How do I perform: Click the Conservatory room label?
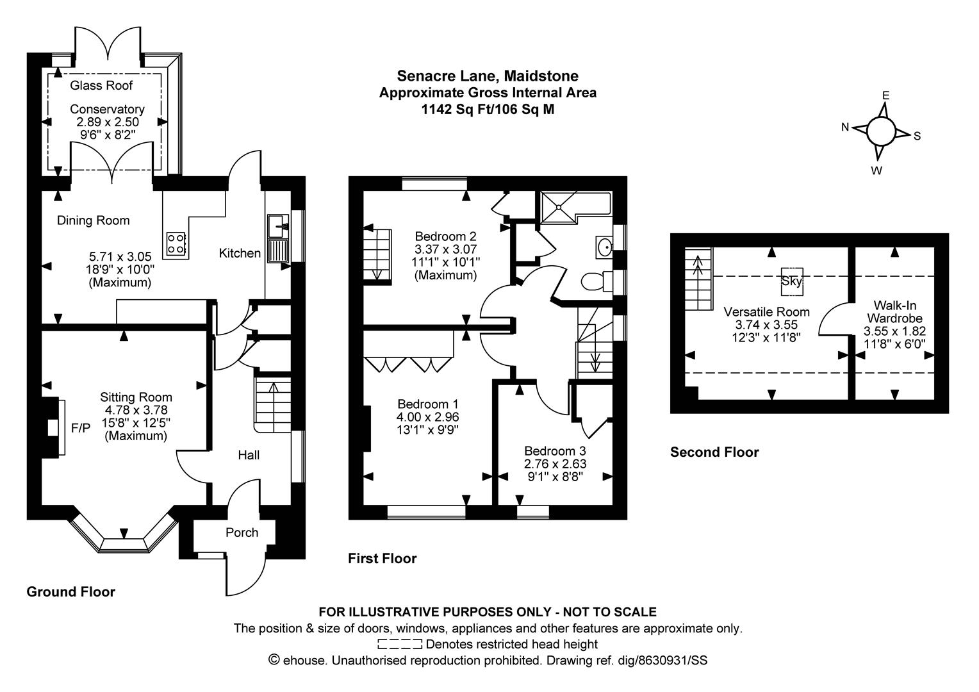[107, 109]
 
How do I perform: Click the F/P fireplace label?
[81, 428]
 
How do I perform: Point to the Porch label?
[242, 532]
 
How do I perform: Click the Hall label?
[249, 455]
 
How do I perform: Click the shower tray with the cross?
[559, 208]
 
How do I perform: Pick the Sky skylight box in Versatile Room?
[792, 281]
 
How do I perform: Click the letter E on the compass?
[885, 95]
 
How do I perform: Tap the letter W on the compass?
[876, 171]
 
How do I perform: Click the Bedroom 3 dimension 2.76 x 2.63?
[555, 463]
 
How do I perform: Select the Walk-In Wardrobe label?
[894, 311]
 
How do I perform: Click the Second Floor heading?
[714, 452]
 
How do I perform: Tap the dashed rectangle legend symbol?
[400, 644]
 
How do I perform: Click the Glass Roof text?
[101, 85]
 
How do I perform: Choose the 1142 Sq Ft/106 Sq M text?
[488, 110]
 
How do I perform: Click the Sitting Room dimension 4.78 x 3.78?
[136, 410]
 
